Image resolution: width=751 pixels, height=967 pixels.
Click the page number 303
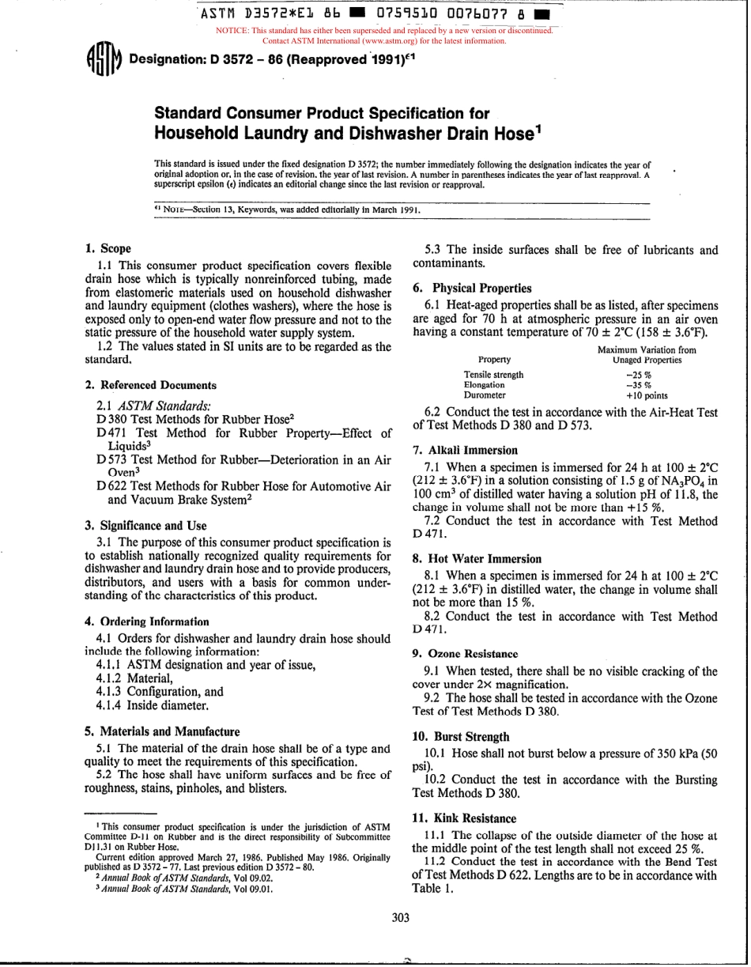[401, 918]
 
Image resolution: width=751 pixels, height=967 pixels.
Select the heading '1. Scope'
[108, 248]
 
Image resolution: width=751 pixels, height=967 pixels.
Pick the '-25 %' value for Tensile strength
[638, 375]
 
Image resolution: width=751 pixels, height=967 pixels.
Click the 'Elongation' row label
[484, 385]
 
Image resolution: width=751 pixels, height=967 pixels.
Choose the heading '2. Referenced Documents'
[150, 385]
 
